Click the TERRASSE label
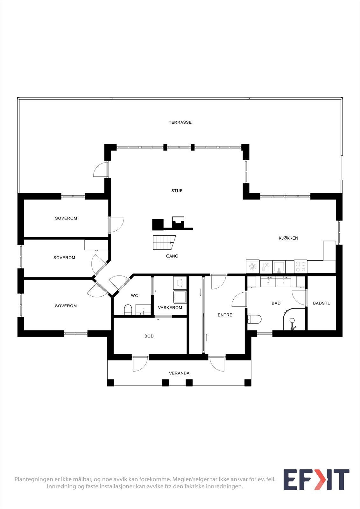(x=180, y=122)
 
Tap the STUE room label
(x=177, y=191)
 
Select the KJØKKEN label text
(x=288, y=238)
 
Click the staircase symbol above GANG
(x=164, y=242)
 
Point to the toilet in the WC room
(x=128, y=310)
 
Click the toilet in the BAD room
(x=254, y=319)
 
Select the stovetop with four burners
(x=300, y=267)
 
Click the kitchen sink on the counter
(x=279, y=267)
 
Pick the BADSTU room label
(x=321, y=303)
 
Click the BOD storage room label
(x=149, y=336)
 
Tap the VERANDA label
(x=179, y=373)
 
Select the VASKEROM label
(x=170, y=308)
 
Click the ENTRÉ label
(x=225, y=315)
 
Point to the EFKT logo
(x=316, y=480)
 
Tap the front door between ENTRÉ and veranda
(x=217, y=364)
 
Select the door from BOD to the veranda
(x=140, y=364)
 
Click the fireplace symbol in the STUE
(x=178, y=223)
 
